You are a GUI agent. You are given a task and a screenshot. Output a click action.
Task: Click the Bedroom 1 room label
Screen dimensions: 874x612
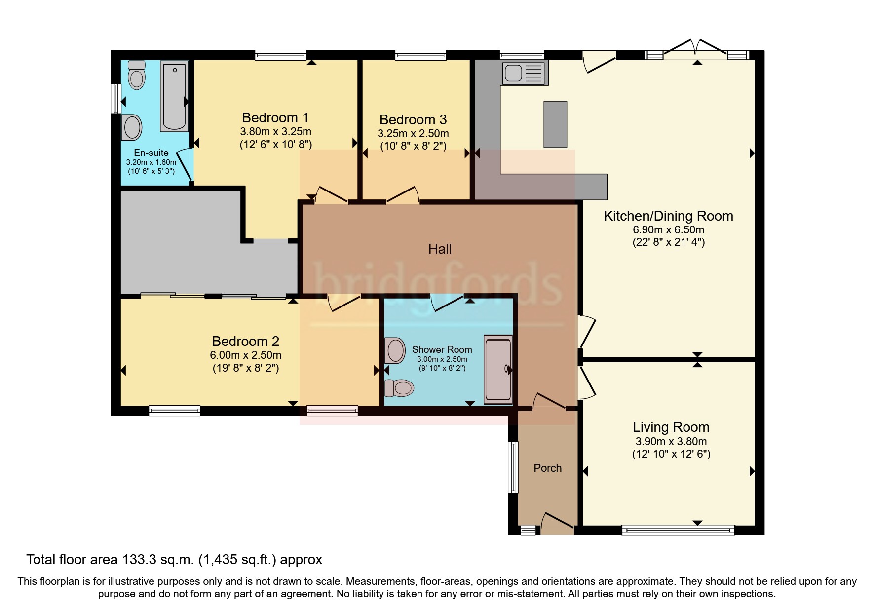click(275, 118)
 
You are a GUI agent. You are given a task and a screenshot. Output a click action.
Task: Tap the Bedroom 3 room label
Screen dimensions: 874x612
click(413, 120)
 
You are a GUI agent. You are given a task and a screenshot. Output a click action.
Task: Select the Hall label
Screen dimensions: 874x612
click(440, 249)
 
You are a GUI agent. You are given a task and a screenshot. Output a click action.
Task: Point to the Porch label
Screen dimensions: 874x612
click(547, 468)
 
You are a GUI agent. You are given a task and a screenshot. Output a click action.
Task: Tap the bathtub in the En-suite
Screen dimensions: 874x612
click(174, 96)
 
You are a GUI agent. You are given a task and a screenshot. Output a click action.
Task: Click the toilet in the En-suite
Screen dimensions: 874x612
click(136, 75)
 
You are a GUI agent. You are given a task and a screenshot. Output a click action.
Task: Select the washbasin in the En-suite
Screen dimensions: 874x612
click(132, 127)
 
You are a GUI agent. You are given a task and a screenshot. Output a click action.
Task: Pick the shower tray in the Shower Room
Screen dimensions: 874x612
click(498, 370)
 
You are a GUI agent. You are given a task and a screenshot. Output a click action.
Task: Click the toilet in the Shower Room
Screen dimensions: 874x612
click(399, 388)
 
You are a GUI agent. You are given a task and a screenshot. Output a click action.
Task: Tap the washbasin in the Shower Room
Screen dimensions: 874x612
click(395, 350)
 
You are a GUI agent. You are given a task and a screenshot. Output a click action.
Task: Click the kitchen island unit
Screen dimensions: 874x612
click(555, 124)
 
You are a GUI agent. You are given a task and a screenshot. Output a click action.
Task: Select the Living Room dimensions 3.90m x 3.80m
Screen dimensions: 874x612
click(671, 442)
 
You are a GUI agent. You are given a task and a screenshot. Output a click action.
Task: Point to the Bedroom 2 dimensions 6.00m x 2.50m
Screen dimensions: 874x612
click(246, 355)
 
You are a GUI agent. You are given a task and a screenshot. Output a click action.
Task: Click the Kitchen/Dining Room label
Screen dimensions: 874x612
click(668, 216)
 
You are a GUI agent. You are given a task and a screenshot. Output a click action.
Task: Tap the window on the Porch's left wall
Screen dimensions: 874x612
click(514, 467)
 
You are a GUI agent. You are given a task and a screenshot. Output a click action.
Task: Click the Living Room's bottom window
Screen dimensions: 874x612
click(678, 531)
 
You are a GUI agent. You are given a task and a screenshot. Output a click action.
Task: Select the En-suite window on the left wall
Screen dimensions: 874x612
click(116, 98)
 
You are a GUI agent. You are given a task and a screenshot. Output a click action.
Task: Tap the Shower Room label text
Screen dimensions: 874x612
click(442, 350)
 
